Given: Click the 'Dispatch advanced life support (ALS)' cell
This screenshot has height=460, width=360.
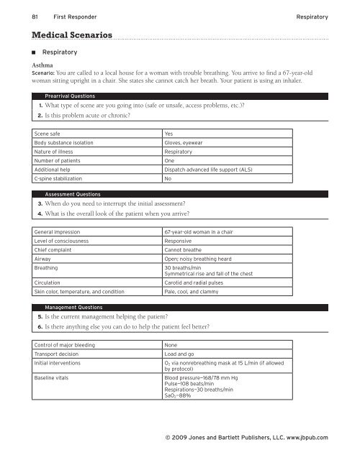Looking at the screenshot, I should click(x=217, y=169).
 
